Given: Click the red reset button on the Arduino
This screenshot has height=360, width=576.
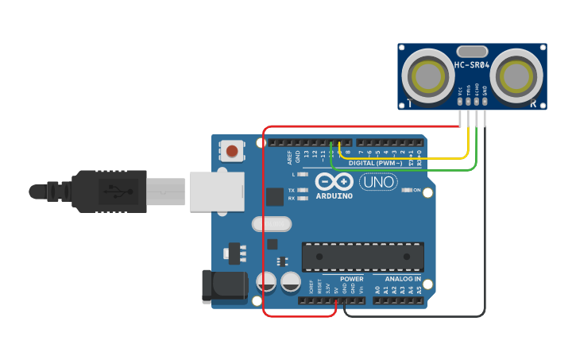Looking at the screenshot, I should click(231, 150).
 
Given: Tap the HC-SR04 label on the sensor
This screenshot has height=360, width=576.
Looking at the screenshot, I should click(472, 65).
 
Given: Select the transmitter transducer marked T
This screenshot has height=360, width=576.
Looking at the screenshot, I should click(429, 76).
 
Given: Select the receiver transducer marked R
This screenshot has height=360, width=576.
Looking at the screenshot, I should click(516, 76).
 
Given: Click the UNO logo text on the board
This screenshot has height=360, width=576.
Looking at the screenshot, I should click(379, 182).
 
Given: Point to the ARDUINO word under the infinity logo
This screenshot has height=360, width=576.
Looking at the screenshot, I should click(334, 195).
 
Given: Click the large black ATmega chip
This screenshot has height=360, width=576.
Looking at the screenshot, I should click(361, 257).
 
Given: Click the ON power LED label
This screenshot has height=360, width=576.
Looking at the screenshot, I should click(416, 190).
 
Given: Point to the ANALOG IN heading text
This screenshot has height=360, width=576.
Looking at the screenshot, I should click(402, 279).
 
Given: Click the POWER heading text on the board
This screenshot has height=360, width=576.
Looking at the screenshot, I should click(351, 279).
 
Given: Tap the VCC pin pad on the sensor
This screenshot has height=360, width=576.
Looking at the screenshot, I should click(460, 101).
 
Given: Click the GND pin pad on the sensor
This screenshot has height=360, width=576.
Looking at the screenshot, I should click(484, 101).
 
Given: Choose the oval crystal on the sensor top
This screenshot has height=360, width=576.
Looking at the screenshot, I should click(471, 51).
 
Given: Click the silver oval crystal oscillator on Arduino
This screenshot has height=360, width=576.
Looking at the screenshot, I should click(272, 224).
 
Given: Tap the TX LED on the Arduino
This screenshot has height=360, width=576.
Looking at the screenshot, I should click(303, 191).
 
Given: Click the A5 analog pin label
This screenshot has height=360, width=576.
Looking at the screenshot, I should click(419, 291).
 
